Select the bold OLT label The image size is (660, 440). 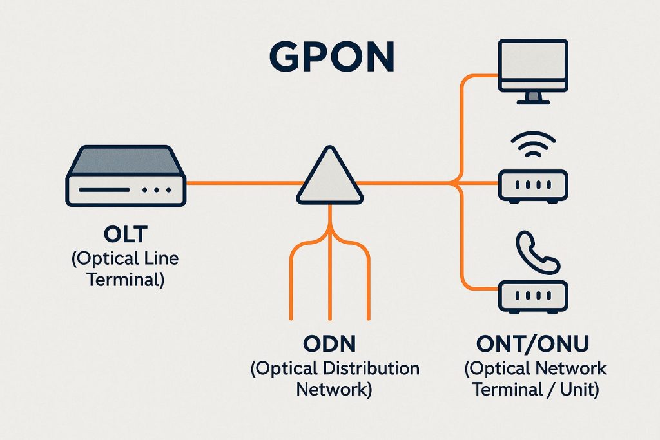pyautogui.click(x=126, y=233)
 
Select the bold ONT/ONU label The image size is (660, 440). pyautogui.click(x=532, y=344)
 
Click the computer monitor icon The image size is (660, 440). pyautogui.click(x=532, y=66)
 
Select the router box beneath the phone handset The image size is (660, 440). pyautogui.click(x=532, y=297)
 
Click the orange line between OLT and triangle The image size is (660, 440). pyautogui.click(x=242, y=183)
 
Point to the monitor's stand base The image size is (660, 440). pyautogui.click(x=532, y=100)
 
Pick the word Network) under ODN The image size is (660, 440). pyautogui.click(x=335, y=389)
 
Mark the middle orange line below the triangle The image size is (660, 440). pyautogui.click(x=329, y=271)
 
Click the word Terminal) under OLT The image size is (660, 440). pyautogui.click(x=126, y=280)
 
